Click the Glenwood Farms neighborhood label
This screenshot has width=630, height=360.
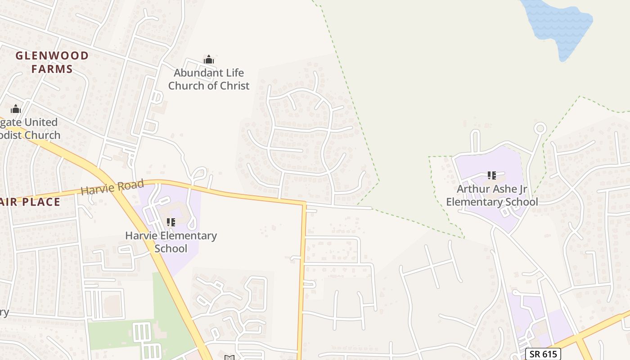click(x=52, y=62)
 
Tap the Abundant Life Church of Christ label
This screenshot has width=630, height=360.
click(x=209, y=79)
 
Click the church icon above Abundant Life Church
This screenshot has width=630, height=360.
click(x=209, y=59)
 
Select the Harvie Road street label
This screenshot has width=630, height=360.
click(x=112, y=187)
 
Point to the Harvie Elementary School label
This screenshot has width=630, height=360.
click(x=171, y=242)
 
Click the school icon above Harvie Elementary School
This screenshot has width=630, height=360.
click(x=171, y=222)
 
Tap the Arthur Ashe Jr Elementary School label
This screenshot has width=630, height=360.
click(x=492, y=195)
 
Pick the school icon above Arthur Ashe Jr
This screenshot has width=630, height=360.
click(x=491, y=175)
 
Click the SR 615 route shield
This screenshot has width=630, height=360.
click(x=543, y=354)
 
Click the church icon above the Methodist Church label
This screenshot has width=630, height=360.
click(x=16, y=109)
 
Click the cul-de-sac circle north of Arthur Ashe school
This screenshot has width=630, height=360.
click(x=540, y=128)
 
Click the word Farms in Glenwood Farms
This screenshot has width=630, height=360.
click(x=52, y=69)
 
